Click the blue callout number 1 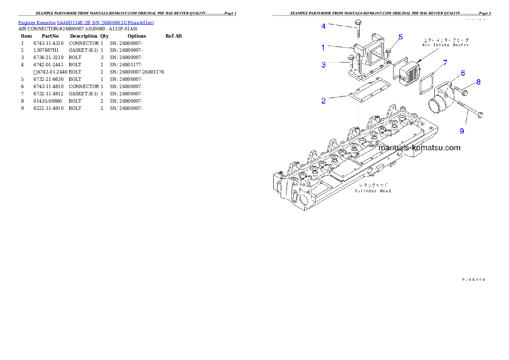point(323,47)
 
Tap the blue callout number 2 point(324,101)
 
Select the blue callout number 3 point(323,65)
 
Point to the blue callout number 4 point(323,26)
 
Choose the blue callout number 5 point(400,37)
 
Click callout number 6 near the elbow point(463,74)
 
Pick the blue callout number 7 point(445,63)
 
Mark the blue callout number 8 point(478,82)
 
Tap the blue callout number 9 point(462,131)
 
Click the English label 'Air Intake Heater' point(446,45)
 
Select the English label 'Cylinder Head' point(373,191)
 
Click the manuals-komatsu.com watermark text point(420,148)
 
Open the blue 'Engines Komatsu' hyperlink point(86,22)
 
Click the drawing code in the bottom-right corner point(473,279)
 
